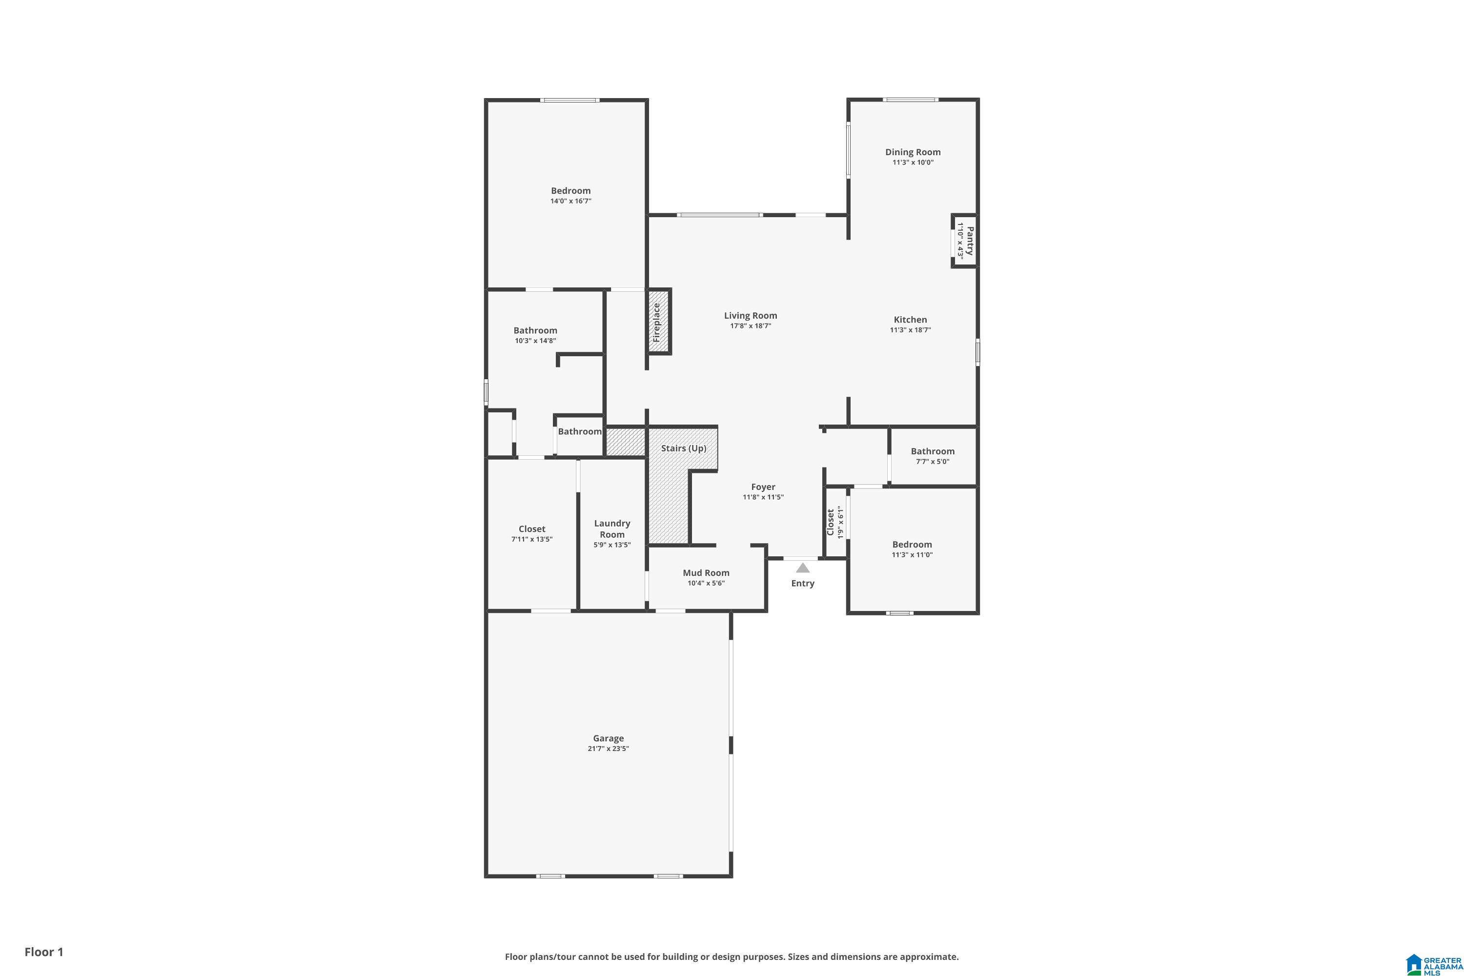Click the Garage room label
click(x=608, y=738)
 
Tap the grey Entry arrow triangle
click(x=802, y=568)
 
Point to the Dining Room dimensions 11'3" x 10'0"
click(x=913, y=163)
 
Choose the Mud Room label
click(x=705, y=572)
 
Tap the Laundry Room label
click(x=612, y=529)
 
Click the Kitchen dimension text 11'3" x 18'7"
click(x=910, y=330)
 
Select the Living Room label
click(x=750, y=316)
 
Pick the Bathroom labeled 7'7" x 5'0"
click(x=932, y=451)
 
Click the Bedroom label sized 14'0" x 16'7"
click(x=570, y=190)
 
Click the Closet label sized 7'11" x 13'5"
click(x=531, y=529)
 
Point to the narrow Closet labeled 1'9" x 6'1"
click(x=831, y=522)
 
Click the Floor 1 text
click(x=43, y=952)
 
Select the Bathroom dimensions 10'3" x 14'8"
click(x=535, y=341)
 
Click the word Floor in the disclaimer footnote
click(x=517, y=956)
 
